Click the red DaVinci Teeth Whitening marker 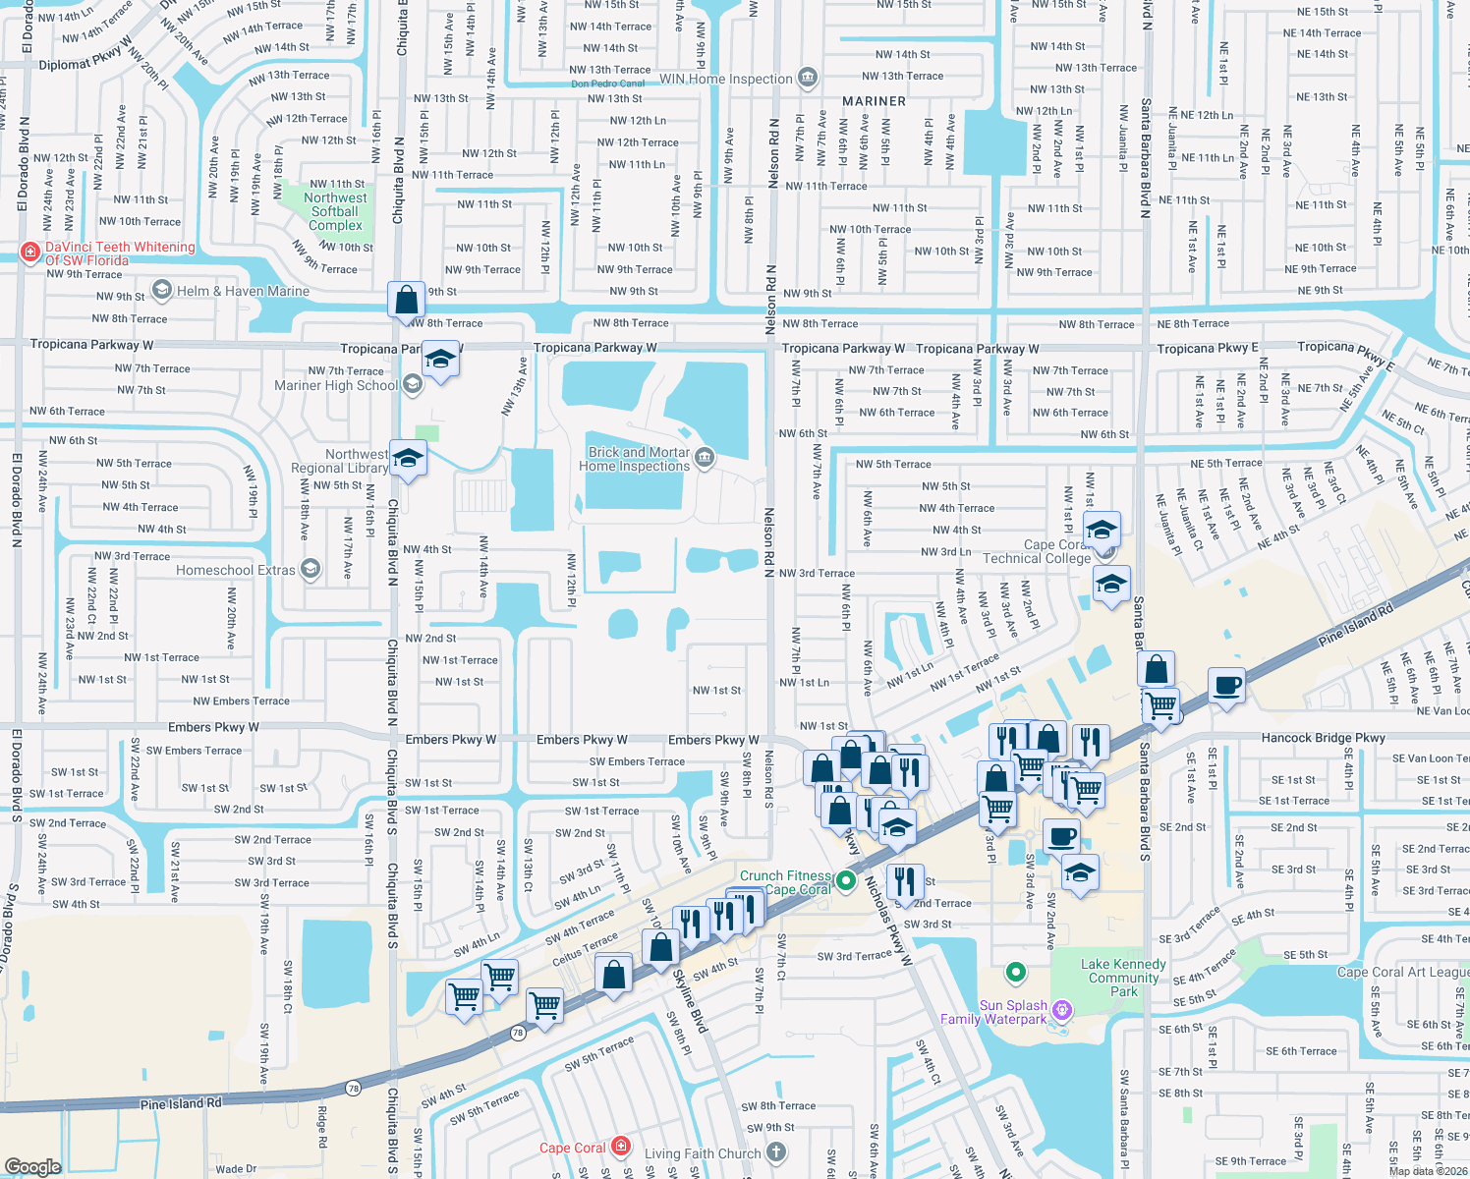[x=30, y=253]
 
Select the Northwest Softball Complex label [x=335, y=211]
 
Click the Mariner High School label [x=336, y=385]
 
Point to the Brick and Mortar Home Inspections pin [x=705, y=458]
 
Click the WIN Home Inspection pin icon [x=808, y=77]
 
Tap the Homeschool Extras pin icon [x=311, y=569]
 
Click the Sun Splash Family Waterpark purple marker [x=1061, y=1010]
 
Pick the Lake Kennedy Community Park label [x=1123, y=978]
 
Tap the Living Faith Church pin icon [x=776, y=1151]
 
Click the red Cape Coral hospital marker [x=621, y=1146]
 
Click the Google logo [x=33, y=1166]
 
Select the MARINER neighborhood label [x=874, y=101]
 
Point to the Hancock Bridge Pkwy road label [x=1323, y=737]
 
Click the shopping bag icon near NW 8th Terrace [x=406, y=300]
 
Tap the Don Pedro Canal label [x=608, y=84]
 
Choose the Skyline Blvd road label [x=690, y=994]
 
